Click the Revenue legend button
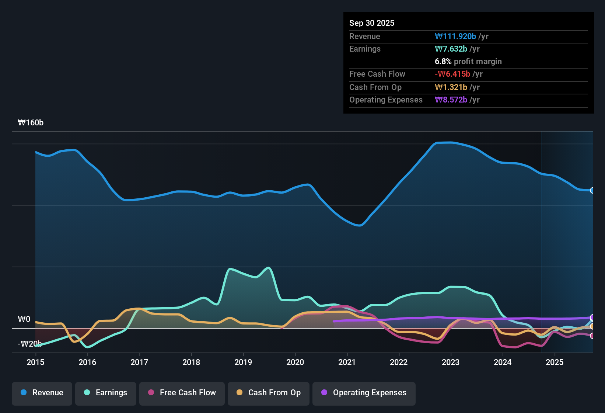pos(42,393)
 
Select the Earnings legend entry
pos(105,393)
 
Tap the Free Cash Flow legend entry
pos(182,393)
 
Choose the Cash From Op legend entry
pos(268,393)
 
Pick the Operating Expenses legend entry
pos(364,393)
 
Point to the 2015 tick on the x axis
pos(35,362)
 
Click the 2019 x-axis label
pos(243,362)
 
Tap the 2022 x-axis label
pos(399,362)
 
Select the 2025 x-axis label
pos(555,362)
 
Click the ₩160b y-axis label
pos(31,123)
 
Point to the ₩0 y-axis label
pos(24,319)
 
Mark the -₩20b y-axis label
pos(29,344)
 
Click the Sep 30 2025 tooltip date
pos(371,23)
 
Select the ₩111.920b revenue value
pos(455,36)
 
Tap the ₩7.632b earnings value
pos(451,49)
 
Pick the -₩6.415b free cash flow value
pos(452,74)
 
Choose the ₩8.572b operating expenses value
pos(451,100)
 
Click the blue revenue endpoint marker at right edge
pos(592,190)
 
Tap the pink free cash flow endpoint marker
pos(592,336)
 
